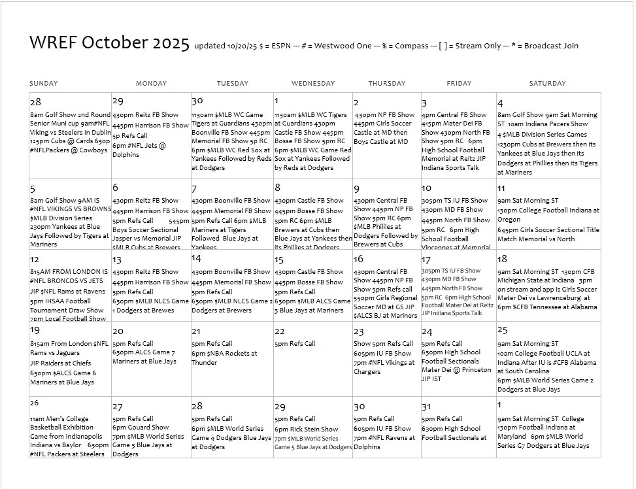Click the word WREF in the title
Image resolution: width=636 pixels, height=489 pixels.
pyautogui.click(x=54, y=43)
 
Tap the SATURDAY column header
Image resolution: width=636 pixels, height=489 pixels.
pyautogui.click(x=548, y=84)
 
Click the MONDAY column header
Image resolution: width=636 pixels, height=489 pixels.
pyautogui.click(x=151, y=84)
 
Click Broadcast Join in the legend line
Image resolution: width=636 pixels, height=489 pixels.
pyautogui.click(x=551, y=46)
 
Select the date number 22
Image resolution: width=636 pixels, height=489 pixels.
pyautogui.click(x=280, y=331)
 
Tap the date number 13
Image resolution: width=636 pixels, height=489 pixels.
pyautogui.click(x=117, y=260)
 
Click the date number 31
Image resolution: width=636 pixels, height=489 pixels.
pyautogui.click(x=427, y=407)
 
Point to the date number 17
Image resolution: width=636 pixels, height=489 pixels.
pyautogui.click(x=426, y=260)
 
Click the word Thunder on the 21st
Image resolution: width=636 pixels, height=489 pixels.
pyautogui.click(x=204, y=362)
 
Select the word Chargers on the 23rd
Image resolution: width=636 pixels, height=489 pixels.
pyautogui.click(x=367, y=371)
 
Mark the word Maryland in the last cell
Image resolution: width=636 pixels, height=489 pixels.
pyautogui.click(x=512, y=436)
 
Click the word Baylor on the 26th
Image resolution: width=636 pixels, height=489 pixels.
pyautogui.click(x=69, y=445)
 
